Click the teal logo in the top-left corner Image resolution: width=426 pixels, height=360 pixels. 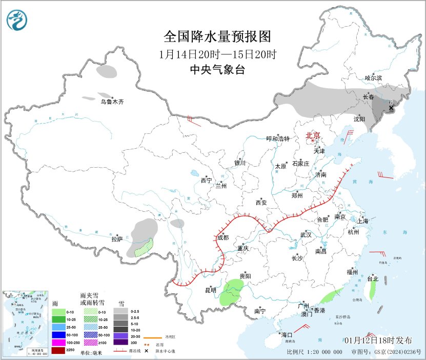point(18,20)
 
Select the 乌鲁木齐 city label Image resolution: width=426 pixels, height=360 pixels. point(112,102)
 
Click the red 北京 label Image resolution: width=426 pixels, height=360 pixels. point(313,135)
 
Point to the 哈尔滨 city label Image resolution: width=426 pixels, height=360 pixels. point(373,78)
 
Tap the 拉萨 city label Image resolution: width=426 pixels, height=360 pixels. point(117,239)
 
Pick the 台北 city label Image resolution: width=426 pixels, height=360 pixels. point(372,279)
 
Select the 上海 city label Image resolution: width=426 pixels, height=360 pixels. point(363,221)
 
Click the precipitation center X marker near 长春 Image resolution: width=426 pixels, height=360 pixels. point(391,108)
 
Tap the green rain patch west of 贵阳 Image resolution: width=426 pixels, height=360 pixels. point(234,292)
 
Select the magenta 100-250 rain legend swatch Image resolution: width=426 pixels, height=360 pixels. point(58,342)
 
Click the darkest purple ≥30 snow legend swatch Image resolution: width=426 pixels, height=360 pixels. point(121,342)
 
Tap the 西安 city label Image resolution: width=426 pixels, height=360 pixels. point(260,203)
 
